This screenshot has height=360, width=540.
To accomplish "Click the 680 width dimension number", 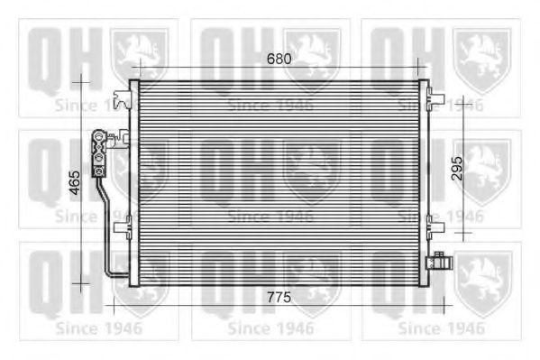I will [279, 60].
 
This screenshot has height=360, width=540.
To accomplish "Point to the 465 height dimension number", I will [75, 182].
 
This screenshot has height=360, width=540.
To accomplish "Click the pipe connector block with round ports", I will [98, 153].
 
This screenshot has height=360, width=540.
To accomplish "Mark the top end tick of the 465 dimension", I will [82, 81].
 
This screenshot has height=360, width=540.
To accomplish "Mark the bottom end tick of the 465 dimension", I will [82, 283].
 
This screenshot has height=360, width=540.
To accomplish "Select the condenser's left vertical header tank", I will [134, 180].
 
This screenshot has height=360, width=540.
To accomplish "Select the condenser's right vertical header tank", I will [423, 180].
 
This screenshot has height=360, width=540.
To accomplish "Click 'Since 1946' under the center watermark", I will [270, 217].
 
